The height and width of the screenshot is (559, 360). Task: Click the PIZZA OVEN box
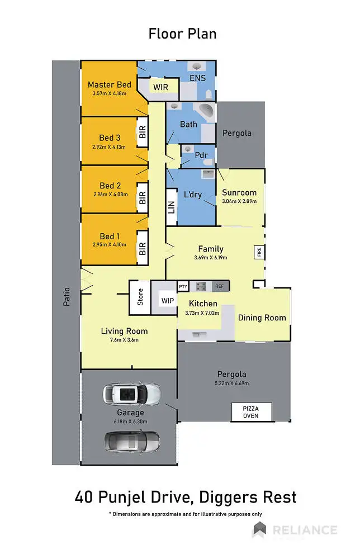point(250,412)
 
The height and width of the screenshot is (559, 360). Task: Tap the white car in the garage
point(131,394)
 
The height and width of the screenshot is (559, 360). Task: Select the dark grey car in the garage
point(131,441)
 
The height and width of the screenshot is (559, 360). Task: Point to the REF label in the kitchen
point(219,286)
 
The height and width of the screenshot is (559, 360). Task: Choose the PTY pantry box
point(183,286)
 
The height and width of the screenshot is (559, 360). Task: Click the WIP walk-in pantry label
point(167,301)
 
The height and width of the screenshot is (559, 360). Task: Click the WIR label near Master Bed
point(161,87)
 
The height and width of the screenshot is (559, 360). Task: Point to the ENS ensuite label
point(197,78)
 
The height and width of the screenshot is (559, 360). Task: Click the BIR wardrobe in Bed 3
point(143,132)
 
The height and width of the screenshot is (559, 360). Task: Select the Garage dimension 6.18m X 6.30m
point(130,421)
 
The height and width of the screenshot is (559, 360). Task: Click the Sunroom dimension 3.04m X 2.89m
point(239,201)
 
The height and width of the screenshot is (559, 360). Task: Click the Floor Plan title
point(182,34)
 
